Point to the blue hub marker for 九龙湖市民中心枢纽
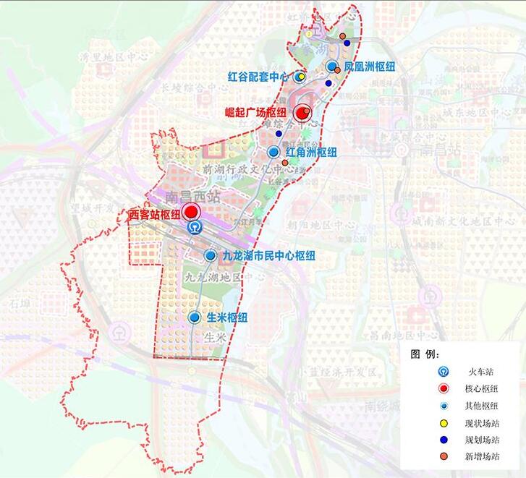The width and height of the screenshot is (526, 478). (210, 255)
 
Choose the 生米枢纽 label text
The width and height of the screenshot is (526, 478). (227, 318)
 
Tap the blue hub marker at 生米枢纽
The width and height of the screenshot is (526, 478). (195, 317)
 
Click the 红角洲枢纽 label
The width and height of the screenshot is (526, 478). (311, 153)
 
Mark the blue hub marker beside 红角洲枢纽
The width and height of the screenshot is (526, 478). (273, 152)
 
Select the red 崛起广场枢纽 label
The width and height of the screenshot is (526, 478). (255, 113)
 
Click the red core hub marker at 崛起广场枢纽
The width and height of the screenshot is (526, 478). (300, 112)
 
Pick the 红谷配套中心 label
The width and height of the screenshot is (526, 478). (258, 76)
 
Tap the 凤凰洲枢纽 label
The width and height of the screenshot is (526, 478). (370, 67)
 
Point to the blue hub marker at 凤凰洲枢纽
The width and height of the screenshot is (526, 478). (332, 67)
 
